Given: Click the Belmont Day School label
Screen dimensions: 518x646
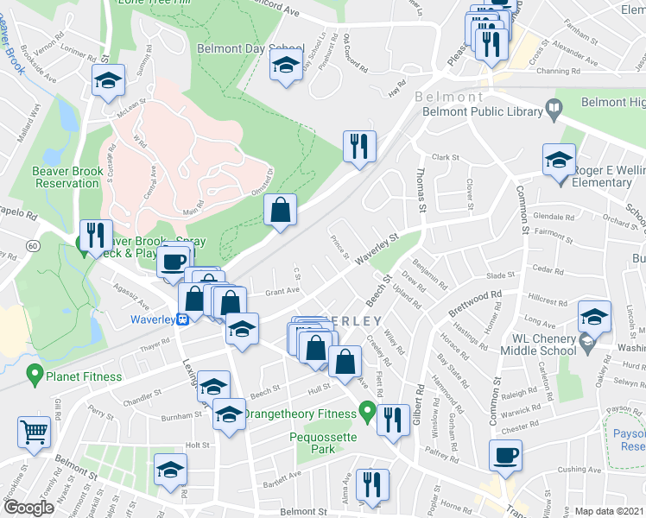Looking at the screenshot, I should click(x=250, y=48).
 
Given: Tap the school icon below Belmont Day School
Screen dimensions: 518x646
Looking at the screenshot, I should click(x=285, y=66).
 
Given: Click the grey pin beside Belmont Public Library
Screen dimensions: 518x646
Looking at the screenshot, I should click(x=553, y=110).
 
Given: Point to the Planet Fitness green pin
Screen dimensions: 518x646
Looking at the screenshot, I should click(x=35, y=374).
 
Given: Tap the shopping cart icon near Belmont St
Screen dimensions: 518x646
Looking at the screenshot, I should click(x=35, y=431).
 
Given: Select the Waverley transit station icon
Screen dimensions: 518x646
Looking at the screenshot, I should click(x=183, y=318).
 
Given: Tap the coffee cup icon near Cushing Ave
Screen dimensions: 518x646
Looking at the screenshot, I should click(x=505, y=454).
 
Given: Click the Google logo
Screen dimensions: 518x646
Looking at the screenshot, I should click(x=28, y=508).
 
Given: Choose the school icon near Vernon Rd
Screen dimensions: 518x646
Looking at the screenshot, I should click(x=108, y=82).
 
